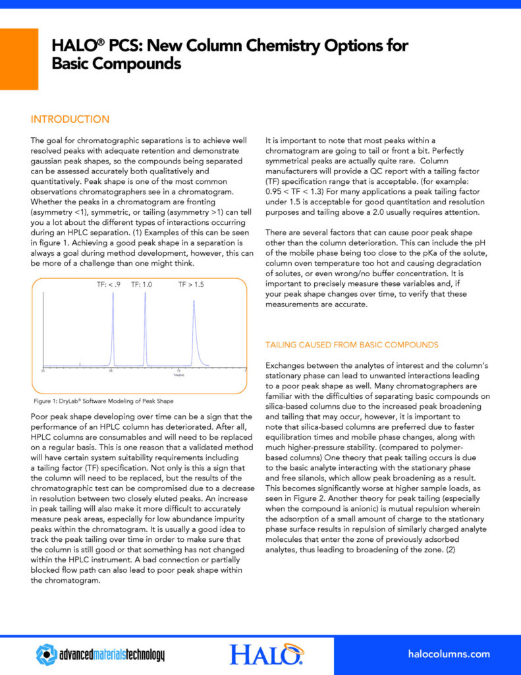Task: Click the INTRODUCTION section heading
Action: (70, 119)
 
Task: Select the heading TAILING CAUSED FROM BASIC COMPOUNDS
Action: (351, 345)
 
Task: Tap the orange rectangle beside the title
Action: (18, 59)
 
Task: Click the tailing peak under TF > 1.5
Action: (195, 330)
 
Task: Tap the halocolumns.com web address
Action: (449, 654)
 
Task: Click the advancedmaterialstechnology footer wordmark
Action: (112, 655)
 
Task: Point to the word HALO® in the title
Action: (74, 46)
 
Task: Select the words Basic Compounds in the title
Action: (117, 64)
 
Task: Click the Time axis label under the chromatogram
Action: (178, 374)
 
